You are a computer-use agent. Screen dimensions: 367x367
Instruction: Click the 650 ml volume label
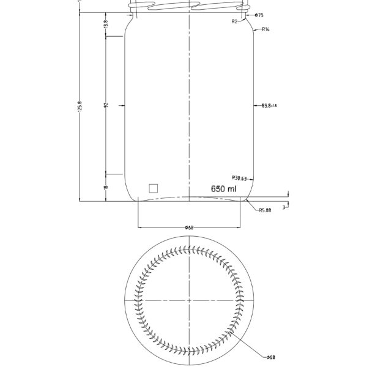(223, 189)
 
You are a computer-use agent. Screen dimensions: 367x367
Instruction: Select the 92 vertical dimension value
(106, 106)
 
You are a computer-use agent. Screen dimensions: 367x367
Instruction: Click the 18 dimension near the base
(106, 188)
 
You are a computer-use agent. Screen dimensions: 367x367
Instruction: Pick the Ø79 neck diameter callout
(259, 14)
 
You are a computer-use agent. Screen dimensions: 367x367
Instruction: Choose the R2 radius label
(234, 21)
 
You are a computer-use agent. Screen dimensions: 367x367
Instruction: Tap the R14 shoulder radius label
(266, 29)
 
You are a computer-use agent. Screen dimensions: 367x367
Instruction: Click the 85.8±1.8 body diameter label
(269, 106)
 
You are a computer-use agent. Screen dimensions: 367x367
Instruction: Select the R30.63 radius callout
(239, 178)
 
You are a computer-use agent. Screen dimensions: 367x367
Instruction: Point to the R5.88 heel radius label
(265, 210)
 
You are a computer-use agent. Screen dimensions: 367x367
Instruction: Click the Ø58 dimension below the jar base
(189, 228)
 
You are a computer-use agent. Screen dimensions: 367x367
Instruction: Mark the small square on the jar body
(154, 188)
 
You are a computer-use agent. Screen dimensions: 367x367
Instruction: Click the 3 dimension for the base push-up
(284, 207)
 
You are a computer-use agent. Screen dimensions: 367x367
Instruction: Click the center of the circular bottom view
(190, 301)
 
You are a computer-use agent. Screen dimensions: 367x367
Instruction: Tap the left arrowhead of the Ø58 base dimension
(139, 228)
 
